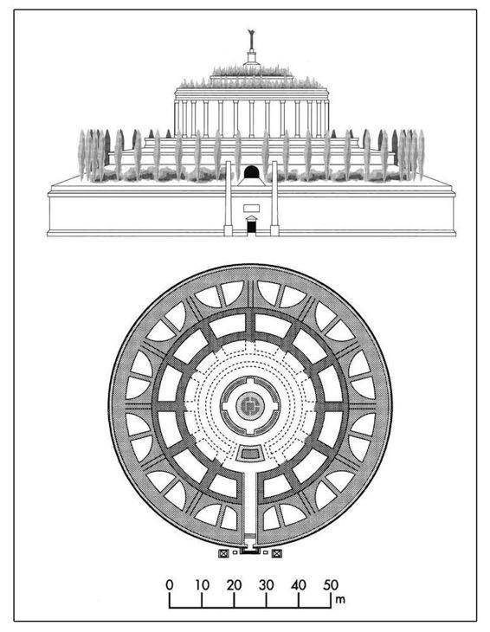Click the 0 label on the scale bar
[x=169, y=585]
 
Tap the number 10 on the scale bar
[x=202, y=585]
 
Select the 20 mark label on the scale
[x=234, y=585]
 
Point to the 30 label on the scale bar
[x=267, y=585]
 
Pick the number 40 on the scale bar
[x=299, y=585]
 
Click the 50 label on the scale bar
[x=331, y=585]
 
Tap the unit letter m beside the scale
[x=340, y=599]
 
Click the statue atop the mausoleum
[x=252, y=39]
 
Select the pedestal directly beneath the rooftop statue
[x=252, y=56]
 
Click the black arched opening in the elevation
[x=251, y=172]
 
